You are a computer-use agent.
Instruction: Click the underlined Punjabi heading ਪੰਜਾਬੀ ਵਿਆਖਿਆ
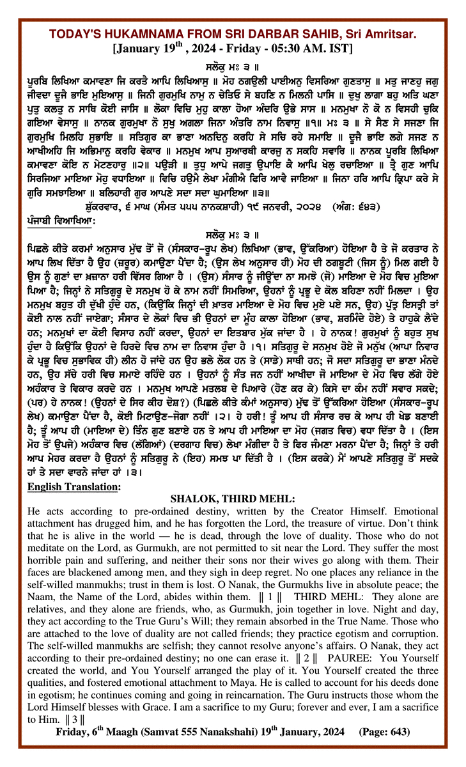[61, 219]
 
